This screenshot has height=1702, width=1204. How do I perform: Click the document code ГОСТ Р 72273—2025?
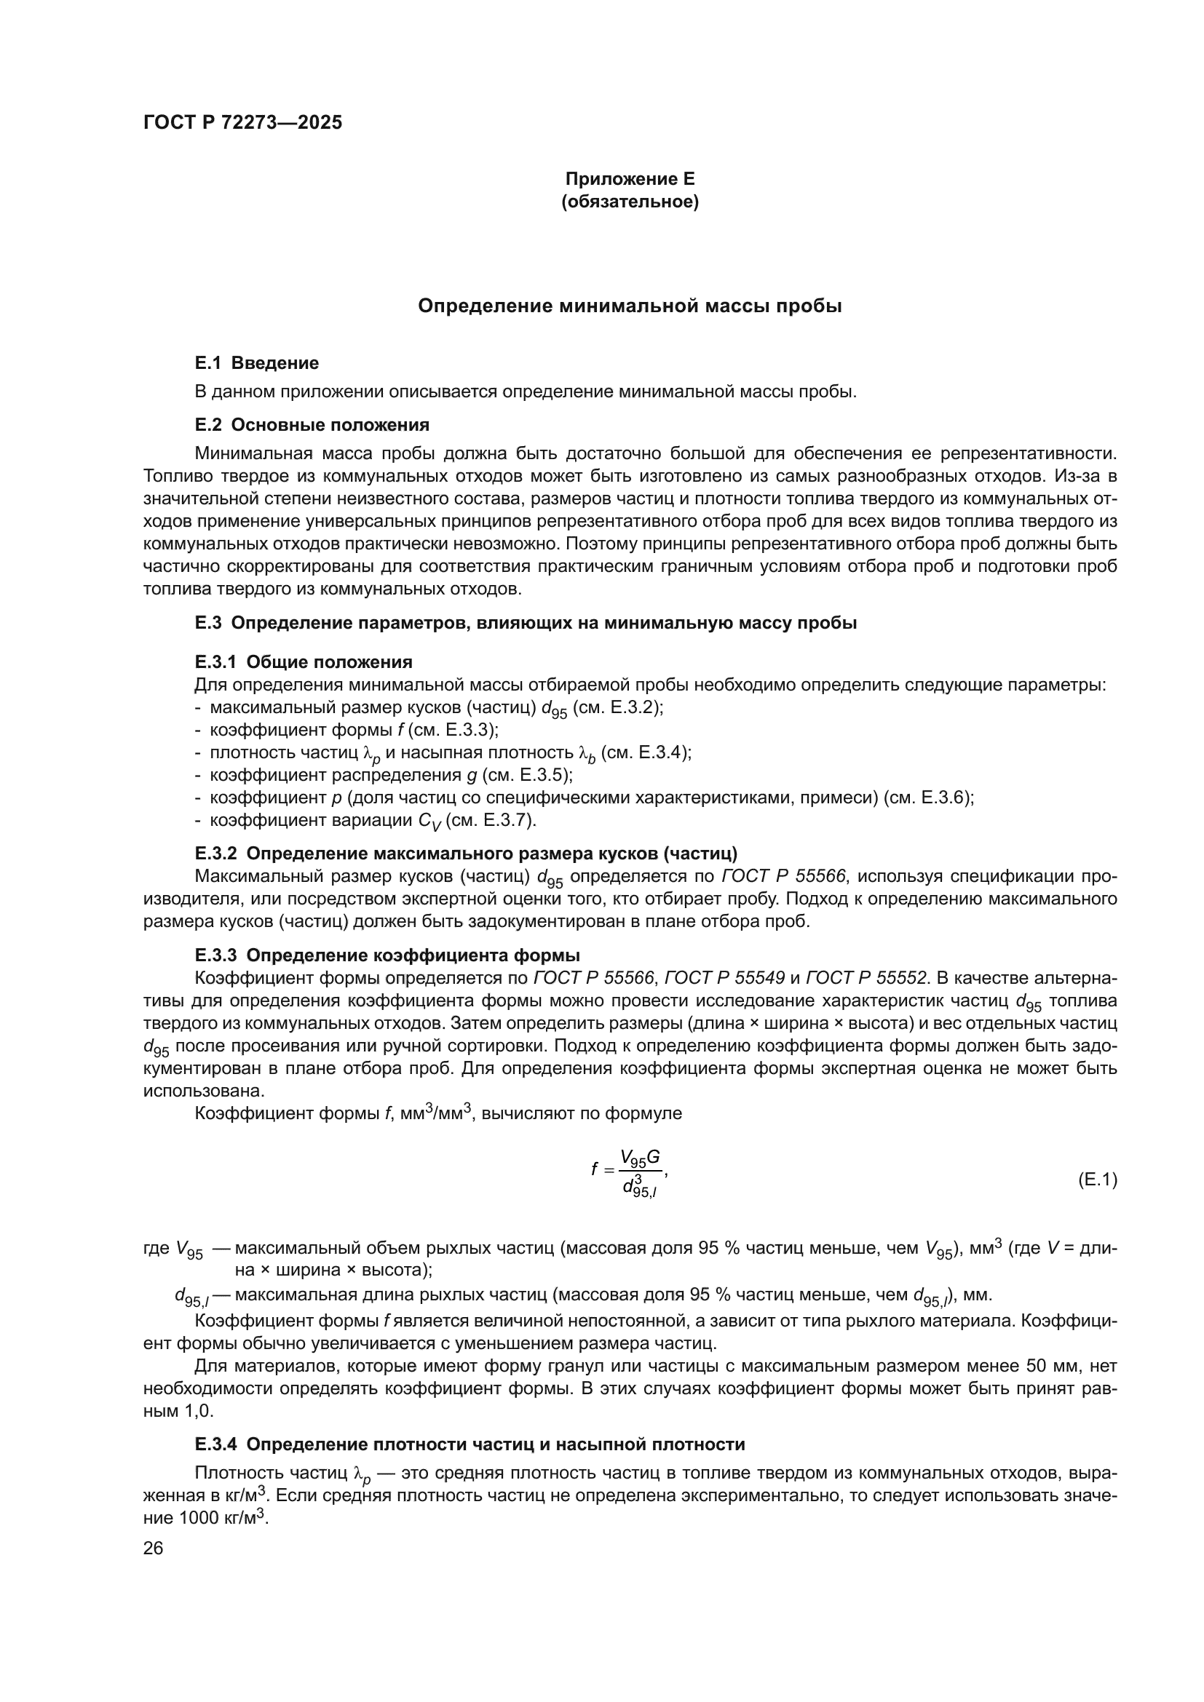tap(242, 123)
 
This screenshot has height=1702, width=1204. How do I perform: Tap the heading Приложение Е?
tap(630, 179)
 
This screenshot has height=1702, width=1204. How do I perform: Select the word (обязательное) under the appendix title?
tap(630, 202)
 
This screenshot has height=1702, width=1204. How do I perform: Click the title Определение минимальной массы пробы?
tap(630, 306)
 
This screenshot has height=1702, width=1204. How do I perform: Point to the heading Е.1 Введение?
tap(256, 363)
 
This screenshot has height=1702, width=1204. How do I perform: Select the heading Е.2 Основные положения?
tap(312, 425)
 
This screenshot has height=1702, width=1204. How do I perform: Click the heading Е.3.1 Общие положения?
tap(304, 661)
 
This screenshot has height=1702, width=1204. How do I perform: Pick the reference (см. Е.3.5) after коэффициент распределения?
tap(528, 776)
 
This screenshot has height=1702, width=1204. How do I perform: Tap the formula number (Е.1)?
tap(1096, 1180)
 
